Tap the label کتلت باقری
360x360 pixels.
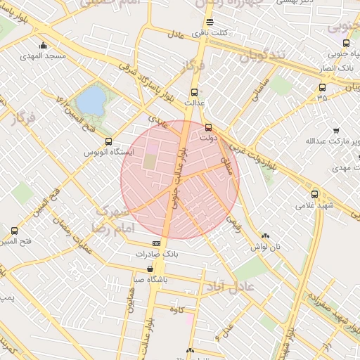tap(211, 33)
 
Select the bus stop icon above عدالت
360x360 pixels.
tap(195, 92)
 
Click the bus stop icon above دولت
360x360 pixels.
tap(208, 127)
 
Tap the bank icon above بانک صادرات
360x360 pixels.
tap(156, 243)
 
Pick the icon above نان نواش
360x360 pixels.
tap(265, 236)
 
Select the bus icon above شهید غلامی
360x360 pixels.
tap(314, 194)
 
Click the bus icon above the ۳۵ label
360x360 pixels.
tap(322, 88)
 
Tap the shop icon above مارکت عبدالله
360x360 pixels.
tap(336, 131)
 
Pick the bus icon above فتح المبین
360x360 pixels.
tap(15, 231)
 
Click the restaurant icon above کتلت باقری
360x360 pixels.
tap(210, 22)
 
